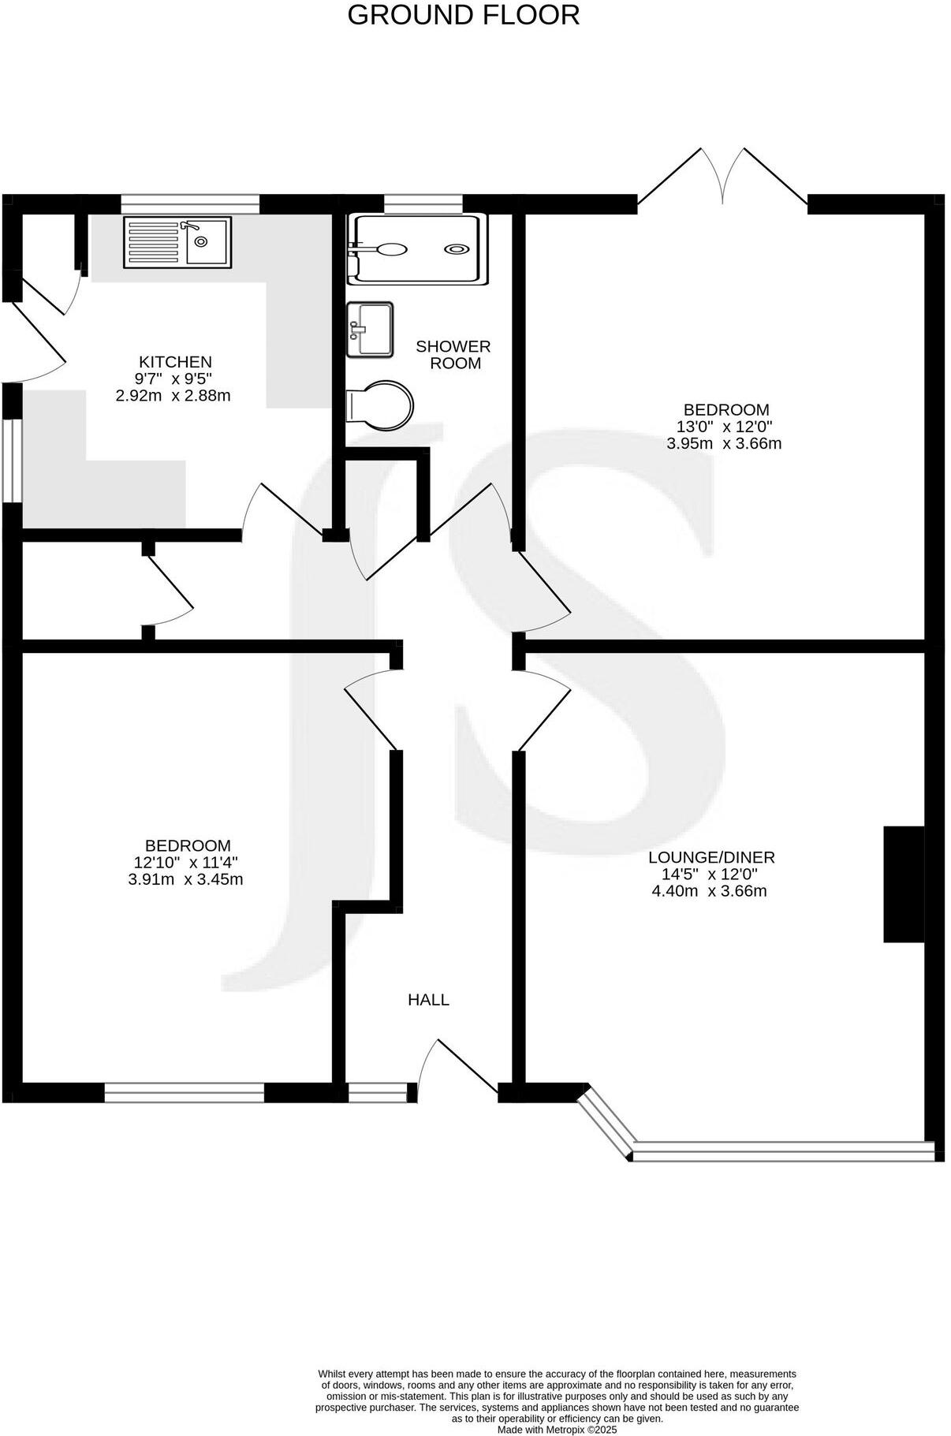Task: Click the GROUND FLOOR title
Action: [463, 15]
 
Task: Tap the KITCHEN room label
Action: [175, 362]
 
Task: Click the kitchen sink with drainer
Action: [177, 242]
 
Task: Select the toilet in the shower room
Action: [380, 405]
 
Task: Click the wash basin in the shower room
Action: [370, 329]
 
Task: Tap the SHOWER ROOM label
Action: [453, 355]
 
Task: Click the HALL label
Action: [428, 1000]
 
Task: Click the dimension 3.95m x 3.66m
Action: [724, 443]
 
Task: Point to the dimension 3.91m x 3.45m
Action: [185, 879]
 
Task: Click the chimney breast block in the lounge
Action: [903, 884]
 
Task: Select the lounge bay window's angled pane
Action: [606, 1123]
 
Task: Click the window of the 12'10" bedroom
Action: [184, 1092]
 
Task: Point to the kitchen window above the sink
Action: [190, 203]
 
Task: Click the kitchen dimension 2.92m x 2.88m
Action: [173, 396]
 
